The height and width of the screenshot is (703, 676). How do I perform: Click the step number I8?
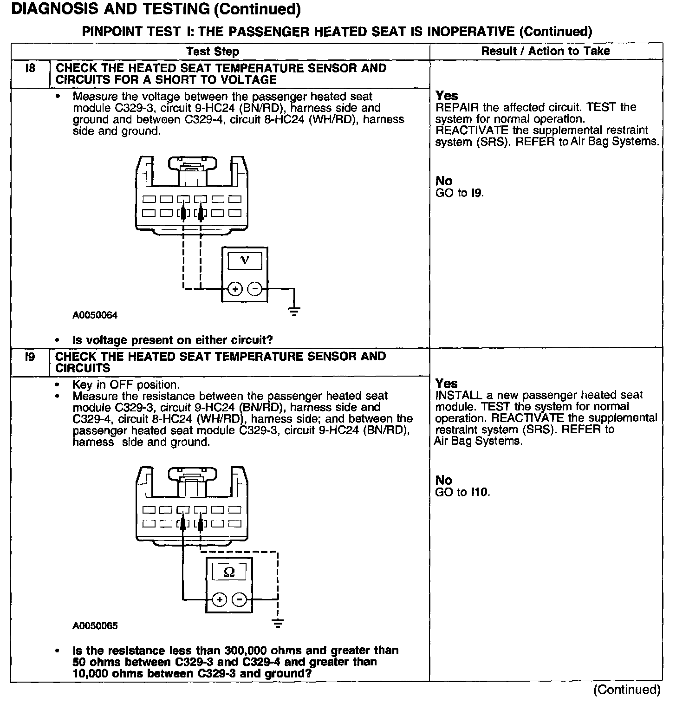click(30, 68)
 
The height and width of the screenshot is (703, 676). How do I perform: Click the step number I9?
click(30, 357)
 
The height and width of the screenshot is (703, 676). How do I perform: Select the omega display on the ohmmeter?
click(229, 572)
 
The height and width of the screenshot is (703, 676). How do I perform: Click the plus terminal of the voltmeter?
click(235, 289)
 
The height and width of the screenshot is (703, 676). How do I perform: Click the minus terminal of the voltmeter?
click(254, 289)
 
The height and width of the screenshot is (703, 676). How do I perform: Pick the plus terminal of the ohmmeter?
click(220, 599)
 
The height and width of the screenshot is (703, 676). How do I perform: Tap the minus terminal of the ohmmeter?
click(239, 599)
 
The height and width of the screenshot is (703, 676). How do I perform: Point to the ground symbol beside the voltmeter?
click(294, 311)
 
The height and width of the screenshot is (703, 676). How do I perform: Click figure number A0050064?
click(95, 315)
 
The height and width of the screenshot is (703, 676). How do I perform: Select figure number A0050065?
click(95, 625)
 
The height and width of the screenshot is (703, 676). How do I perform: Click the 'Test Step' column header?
click(213, 52)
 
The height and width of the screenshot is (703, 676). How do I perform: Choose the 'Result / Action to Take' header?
click(546, 51)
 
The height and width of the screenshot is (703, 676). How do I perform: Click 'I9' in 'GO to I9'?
click(477, 193)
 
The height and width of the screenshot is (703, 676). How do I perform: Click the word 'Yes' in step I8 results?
click(447, 96)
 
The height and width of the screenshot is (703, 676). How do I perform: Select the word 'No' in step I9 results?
click(444, 480)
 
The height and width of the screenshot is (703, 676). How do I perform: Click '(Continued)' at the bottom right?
click(626, 690)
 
